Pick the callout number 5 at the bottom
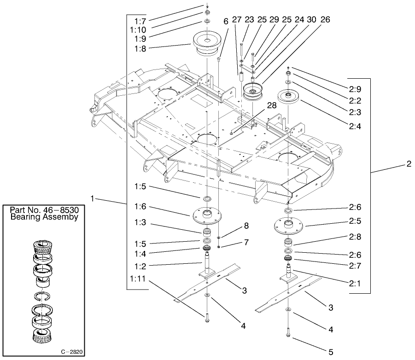[x=330, y=352]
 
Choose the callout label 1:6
[x=140, y=206]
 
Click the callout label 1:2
[x=140, y=266]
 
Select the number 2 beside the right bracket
[x=408, y=164]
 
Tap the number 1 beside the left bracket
[x=93, y=198]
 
